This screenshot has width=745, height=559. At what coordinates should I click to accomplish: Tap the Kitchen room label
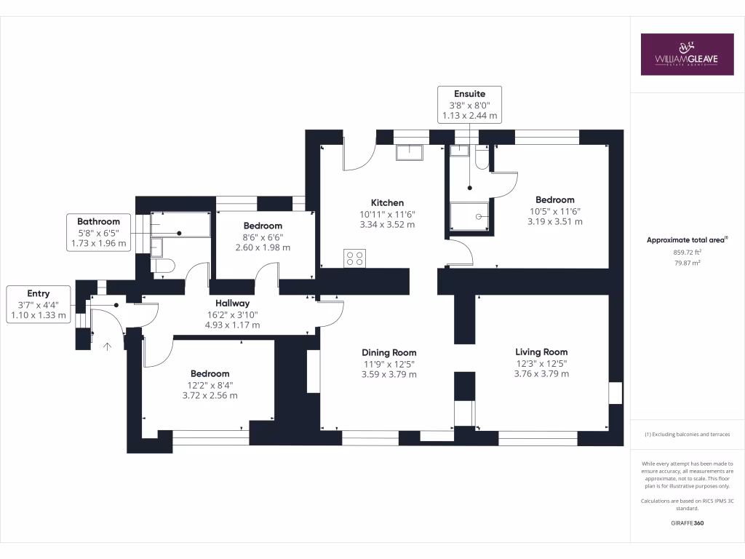[387, 202]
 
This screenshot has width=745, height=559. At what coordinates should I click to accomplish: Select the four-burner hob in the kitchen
[354, 258]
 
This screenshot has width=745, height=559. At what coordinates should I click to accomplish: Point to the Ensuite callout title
[469, 93]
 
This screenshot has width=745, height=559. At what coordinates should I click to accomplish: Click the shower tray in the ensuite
[469, 215]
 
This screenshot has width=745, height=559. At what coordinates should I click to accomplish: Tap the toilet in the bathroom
[162, 266]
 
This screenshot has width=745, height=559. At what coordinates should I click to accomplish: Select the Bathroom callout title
[98, 221]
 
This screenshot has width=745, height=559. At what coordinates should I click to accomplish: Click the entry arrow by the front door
[108, 346]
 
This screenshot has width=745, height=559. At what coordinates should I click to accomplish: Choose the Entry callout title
[38, 293]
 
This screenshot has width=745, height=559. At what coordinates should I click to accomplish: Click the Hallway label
[232, 303]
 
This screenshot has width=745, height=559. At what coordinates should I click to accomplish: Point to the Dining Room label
[389, 352]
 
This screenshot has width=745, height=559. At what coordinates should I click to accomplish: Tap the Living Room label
[541, 352]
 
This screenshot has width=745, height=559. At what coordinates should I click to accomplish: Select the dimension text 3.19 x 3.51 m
[554, 221]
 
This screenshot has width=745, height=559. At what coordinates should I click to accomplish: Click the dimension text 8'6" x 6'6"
[263, 237]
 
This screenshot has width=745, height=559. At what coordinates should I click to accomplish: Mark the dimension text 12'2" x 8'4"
[210, 384]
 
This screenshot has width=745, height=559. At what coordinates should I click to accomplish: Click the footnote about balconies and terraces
[687, 435]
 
